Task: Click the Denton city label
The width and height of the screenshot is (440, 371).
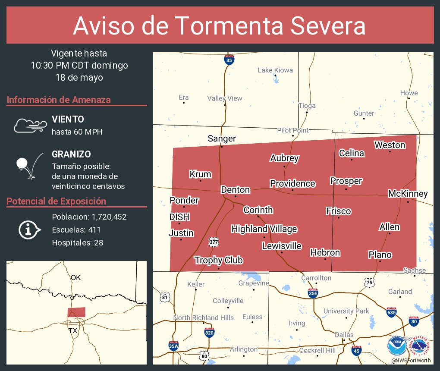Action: (235, 190)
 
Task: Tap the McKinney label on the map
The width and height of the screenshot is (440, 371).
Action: (408, 194)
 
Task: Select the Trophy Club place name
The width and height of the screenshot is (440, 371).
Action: (218, 260)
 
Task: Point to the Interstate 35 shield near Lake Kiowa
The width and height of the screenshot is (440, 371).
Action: (229, 60)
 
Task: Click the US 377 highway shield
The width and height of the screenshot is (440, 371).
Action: (214, 242)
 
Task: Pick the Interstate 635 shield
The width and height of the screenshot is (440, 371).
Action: (391, 313)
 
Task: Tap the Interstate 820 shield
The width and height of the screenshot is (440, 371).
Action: (209, 332)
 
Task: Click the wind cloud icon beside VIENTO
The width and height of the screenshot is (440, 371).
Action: (30, 125)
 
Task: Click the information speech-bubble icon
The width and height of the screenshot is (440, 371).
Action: (29, 230)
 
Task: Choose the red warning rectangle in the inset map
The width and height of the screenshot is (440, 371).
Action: (76, 312)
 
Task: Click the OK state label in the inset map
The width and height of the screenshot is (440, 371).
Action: (75, 277)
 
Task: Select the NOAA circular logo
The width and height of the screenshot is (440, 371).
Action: (397, 346)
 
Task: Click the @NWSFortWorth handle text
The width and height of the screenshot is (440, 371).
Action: (411, 360)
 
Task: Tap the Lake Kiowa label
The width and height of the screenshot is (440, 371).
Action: (275, 70)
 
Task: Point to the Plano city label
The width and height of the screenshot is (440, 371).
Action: (380, 255)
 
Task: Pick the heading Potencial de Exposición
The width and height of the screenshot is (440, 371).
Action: (56, 201)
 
